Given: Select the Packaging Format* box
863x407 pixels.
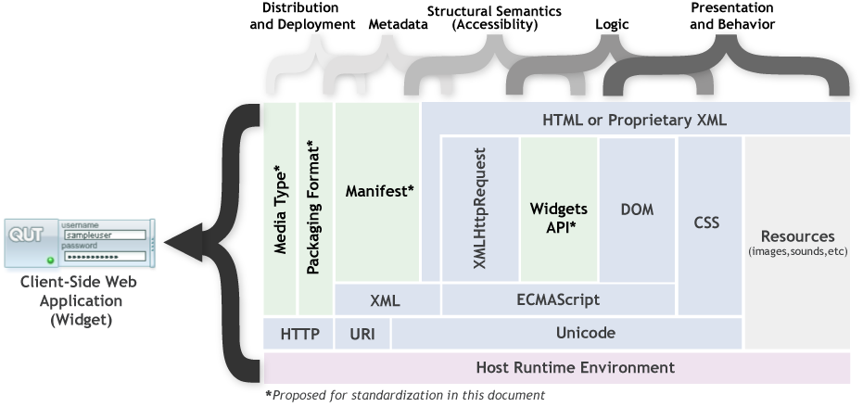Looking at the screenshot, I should coord(315,209).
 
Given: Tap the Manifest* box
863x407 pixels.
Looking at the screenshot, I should coord(378,191).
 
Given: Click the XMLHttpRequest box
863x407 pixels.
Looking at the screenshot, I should coord(479,209).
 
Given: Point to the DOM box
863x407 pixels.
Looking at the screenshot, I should coord(637,210).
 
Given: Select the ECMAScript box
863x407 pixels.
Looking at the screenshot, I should coord(557,300).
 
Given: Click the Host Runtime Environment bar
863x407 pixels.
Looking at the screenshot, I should coord(556,367).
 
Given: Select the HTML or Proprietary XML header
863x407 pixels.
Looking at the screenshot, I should coord(635,120).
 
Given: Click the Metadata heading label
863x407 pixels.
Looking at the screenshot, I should coord(398,25).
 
